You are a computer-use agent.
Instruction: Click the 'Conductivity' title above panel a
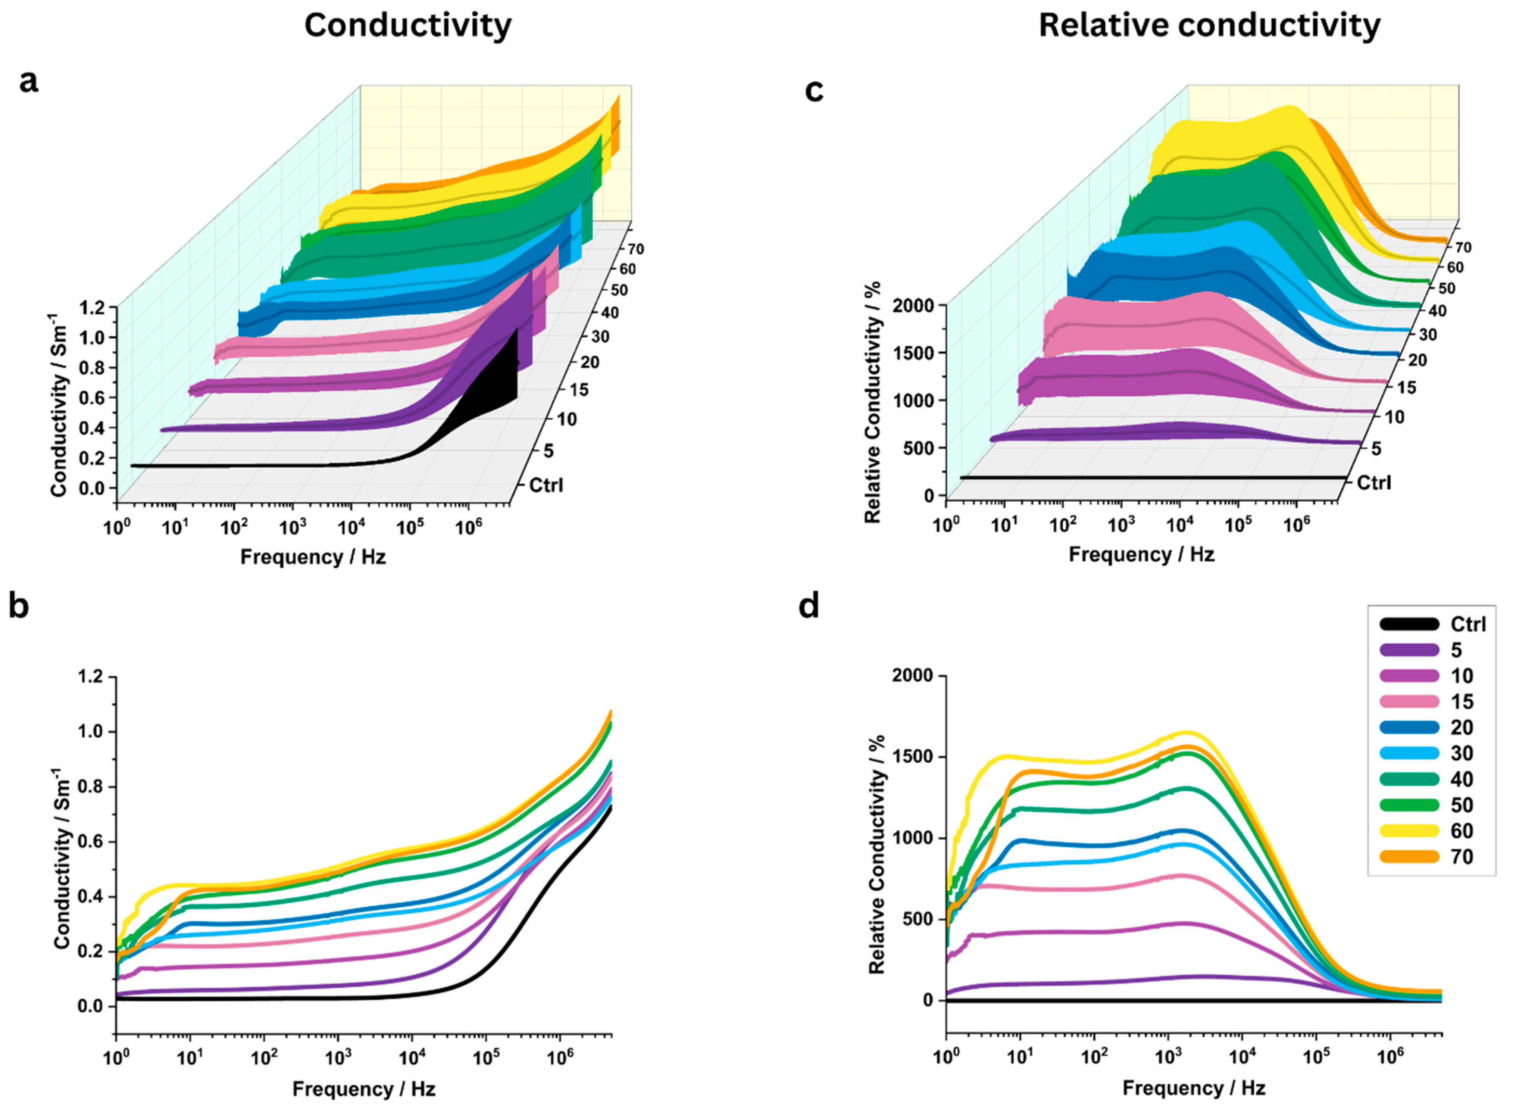pos(407,25)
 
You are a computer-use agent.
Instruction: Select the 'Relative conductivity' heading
pos(1209,25)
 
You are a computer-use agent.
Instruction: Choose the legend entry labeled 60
pos(1462,831)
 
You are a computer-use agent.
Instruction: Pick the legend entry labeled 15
pos(1462,701)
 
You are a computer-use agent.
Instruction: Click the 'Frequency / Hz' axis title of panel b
pos(364,1088)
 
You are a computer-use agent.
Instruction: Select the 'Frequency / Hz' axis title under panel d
pos(1194,1087)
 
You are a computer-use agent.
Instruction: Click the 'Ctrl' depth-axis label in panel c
pos(1373,482)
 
